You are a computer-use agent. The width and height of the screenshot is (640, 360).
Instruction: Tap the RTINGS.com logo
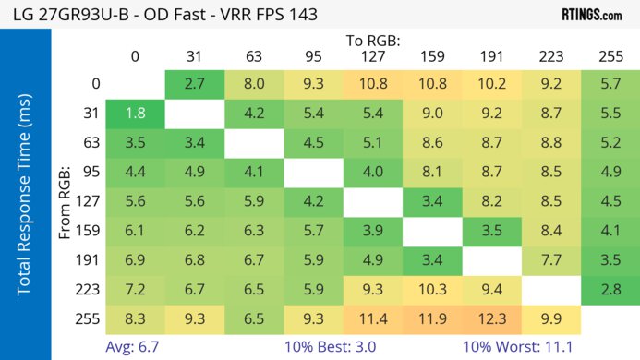[x=591, y=14]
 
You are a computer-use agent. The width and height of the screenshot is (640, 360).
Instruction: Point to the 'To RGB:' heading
[x=373, y=41]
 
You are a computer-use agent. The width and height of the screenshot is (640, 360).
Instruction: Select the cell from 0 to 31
[x=195, y=84]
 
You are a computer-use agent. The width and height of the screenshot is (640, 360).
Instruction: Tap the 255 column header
[x=610, y=57]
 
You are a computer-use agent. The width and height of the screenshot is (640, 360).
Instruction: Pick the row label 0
[x=96, y=84]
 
